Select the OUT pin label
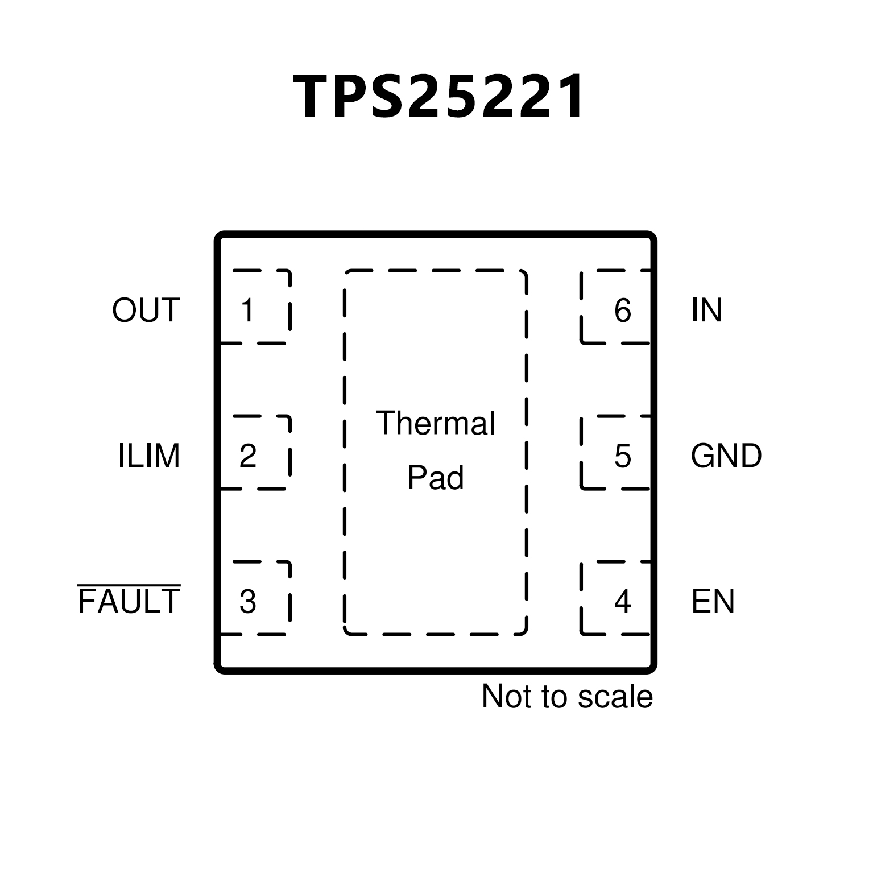146,311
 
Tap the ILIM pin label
149,456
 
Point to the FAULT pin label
129,602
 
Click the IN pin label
706,311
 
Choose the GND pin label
726,456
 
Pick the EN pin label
713,602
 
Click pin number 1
247,311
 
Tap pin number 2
248,456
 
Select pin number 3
248,602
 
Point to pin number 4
623,602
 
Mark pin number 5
623,456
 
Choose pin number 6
623,311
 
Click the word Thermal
436,423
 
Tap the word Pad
436,478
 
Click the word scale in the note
621,697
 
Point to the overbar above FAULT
129,585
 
